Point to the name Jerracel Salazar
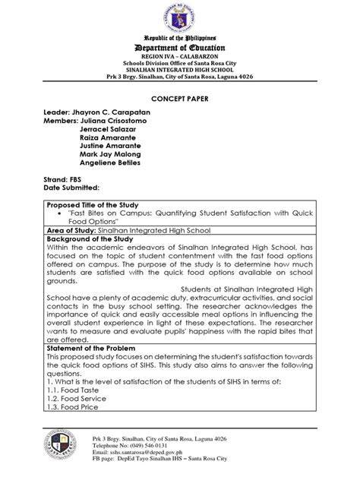click(x=111, y=131)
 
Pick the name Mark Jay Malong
click(x=114, y=162)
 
